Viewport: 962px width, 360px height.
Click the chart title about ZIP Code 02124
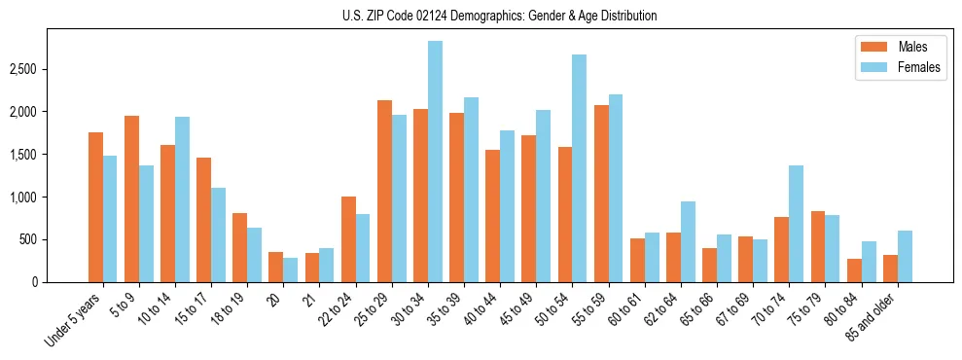(500, 16)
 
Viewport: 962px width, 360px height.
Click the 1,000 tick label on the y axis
(22, 198)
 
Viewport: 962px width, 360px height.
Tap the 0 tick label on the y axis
(35, 282)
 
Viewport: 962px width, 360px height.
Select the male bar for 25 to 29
(384, 192)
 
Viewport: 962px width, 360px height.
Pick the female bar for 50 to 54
(579, 168)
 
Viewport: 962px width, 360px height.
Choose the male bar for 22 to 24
(348, 239)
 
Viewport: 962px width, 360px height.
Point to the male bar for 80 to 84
(854, 270)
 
